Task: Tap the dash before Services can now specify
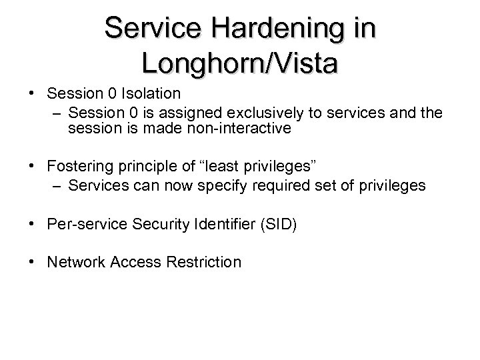point(57,185)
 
